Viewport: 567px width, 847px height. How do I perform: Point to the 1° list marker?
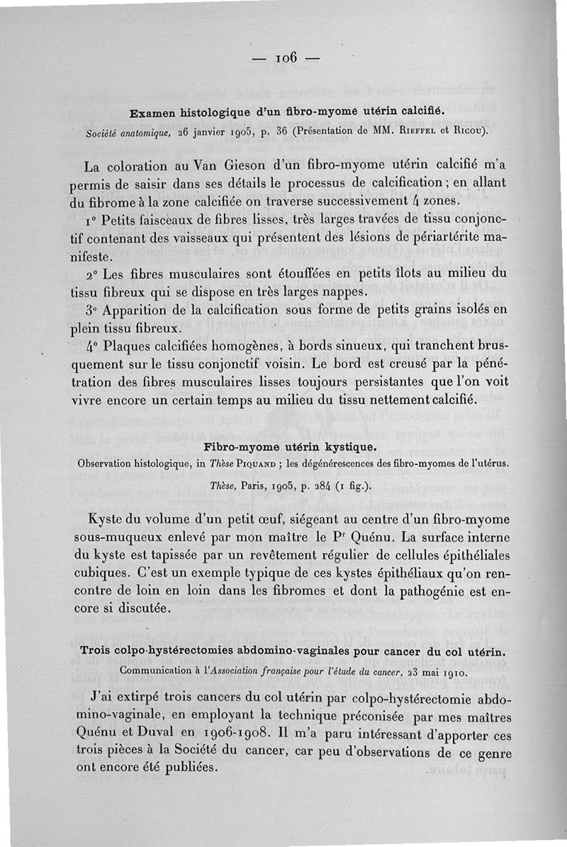[91, 217]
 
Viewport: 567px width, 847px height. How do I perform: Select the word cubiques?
[111, 573]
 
